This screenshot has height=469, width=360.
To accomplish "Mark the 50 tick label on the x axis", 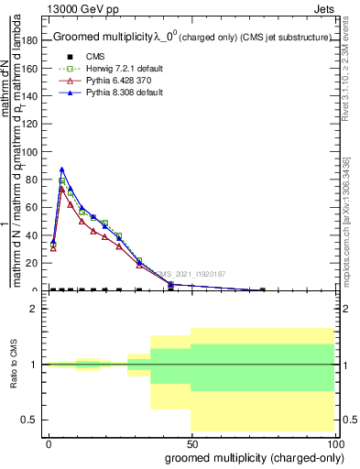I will tap(191, 444).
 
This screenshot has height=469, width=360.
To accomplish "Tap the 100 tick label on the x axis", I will tap(336, 444).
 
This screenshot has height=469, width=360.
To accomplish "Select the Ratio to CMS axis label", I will tap(14, 364).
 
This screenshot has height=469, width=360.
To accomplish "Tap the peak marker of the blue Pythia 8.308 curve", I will tap(61, 169).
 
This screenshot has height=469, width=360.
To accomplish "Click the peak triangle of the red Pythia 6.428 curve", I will tap(61, 189).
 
